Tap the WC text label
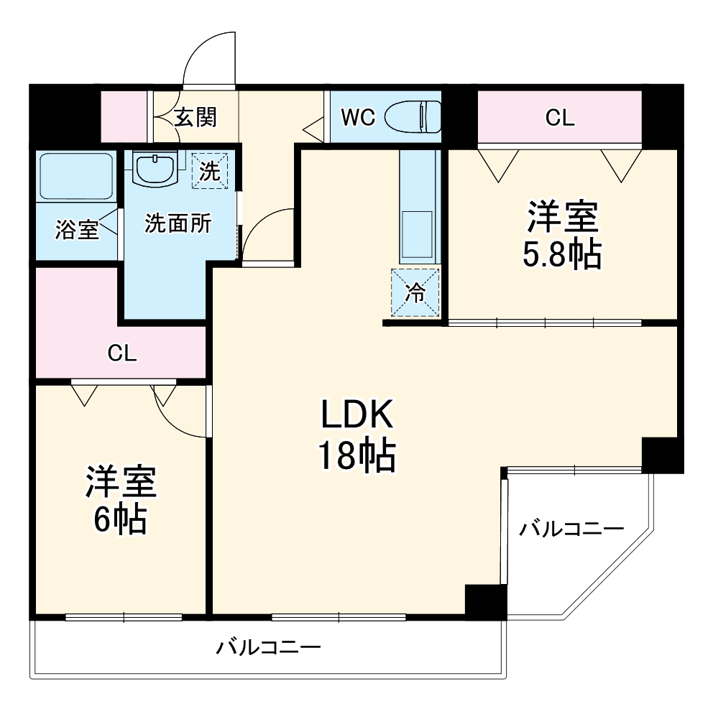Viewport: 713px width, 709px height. tap(357, 117)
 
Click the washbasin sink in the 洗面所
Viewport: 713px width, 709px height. tap(155, 170)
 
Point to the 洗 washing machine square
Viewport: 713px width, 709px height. tap(210, 170)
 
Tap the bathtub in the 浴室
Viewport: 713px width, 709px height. tap(75, 176)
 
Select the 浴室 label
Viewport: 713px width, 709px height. tap(77, 231)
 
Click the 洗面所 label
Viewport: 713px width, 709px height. tap(178, 224)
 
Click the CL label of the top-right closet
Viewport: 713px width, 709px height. tap(559, 118)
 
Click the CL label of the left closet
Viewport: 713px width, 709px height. tap(121, 353)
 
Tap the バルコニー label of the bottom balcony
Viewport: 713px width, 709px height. tap(268, 648)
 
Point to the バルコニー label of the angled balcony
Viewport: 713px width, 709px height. tap(571, 530)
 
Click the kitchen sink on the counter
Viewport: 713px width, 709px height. tap(417, 234)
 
